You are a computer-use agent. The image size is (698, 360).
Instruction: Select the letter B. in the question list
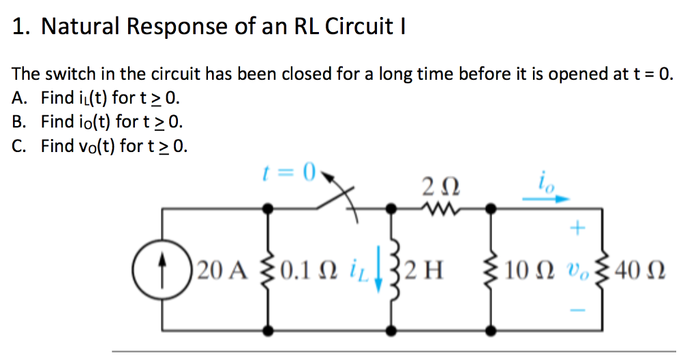pyautogui.click(x=20, y=122)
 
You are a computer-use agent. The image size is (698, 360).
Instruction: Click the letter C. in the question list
pyautogui.click(x=20, y=146)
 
